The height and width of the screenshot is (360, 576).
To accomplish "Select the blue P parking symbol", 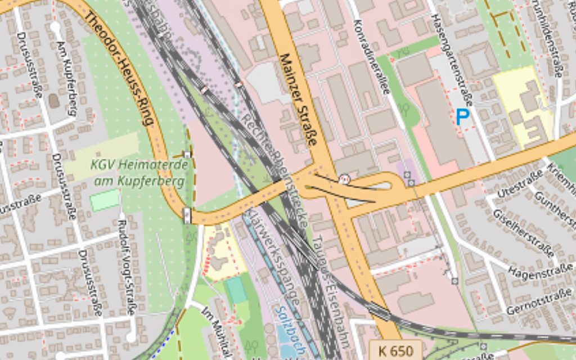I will pyautogui.click(x=462, y=118).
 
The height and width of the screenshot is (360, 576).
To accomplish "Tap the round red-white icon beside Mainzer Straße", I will pyautogui.click(x=345, y=178).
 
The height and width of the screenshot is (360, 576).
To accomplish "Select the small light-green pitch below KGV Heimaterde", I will pyautogui.click(x=105, y=200).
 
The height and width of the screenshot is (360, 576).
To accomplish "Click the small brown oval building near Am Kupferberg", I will pyautogui.click(x=54, y=101).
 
